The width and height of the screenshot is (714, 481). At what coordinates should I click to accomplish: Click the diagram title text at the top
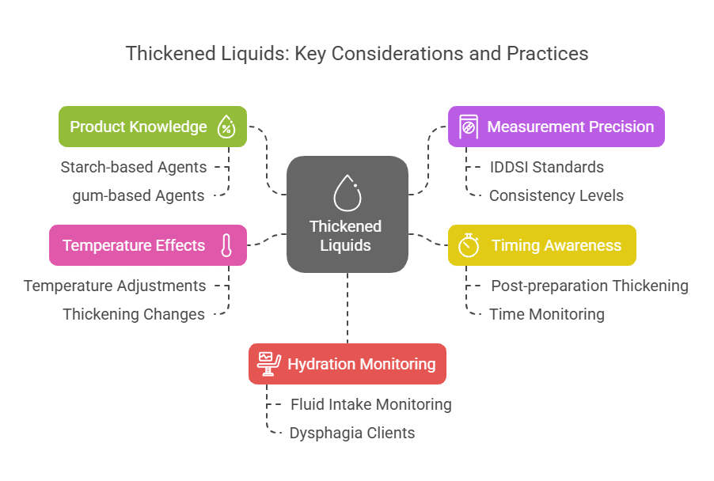point(357,54)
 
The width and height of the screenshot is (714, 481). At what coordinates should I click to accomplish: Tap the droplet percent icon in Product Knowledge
point(227,127)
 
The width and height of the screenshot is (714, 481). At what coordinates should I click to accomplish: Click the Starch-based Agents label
point(134,167)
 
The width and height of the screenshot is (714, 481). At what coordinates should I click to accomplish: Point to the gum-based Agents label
point(138,195)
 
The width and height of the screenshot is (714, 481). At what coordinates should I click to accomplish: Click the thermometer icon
point(226,245)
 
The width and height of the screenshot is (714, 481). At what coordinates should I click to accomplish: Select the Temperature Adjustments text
point(115,286)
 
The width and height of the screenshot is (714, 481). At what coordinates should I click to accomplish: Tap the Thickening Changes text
point(134,314)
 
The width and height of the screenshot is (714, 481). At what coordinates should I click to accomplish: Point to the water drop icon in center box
point(347,192)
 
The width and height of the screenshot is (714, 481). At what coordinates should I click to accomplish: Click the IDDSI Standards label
point(546,167)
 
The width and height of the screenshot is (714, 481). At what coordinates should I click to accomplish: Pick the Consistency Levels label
point(556,195)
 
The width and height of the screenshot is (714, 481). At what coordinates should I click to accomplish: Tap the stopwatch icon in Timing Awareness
point(469,245)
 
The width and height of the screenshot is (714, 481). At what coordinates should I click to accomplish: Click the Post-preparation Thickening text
point(590,286)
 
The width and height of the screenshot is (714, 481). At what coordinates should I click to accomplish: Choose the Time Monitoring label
point(547,314)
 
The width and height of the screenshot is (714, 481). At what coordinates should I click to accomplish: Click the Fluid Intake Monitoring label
point(371,404)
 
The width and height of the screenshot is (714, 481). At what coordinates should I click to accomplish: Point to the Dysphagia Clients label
point(352,433)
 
